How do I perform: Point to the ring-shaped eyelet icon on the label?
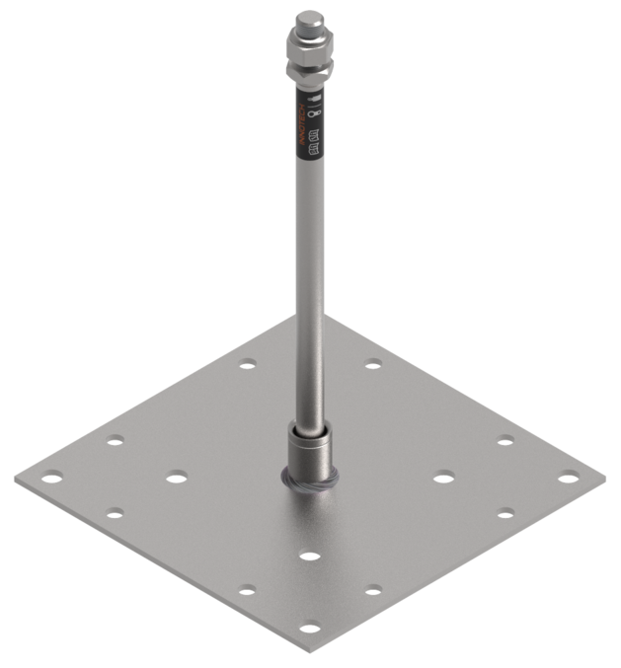[311, 117]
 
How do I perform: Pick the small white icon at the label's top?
[312, 100]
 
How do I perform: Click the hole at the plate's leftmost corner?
[53, 479]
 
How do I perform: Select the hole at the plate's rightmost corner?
[567, 479]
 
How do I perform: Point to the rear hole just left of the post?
[246, 365]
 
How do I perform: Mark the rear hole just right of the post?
[372, 365]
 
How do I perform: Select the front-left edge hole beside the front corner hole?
[246, 592]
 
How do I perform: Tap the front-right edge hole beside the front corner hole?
[374, 592]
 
